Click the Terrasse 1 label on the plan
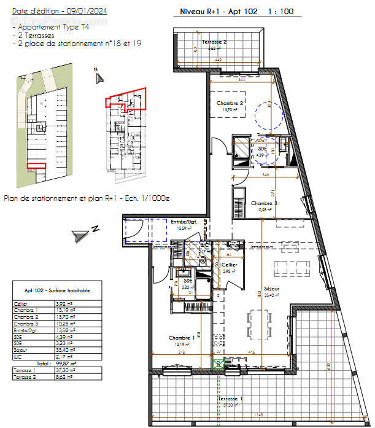point(230,400)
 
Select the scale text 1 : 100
point(280,12)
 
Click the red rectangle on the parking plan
point(37,165)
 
